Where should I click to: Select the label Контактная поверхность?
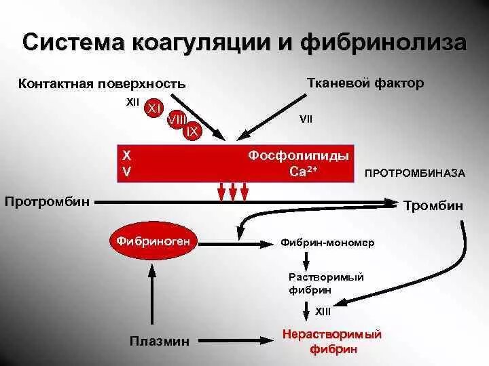pos(101,84)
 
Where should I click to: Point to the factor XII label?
pos(132,102)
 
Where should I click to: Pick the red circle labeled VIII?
pos(177,120)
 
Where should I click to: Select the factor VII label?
pos(306,119)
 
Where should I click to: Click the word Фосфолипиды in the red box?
pos(299,156)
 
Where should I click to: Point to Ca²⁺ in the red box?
pos(304,171)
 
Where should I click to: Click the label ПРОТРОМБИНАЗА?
pos(415,174)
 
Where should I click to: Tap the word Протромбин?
pos(47,201)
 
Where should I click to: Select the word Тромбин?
pos(433,205)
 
